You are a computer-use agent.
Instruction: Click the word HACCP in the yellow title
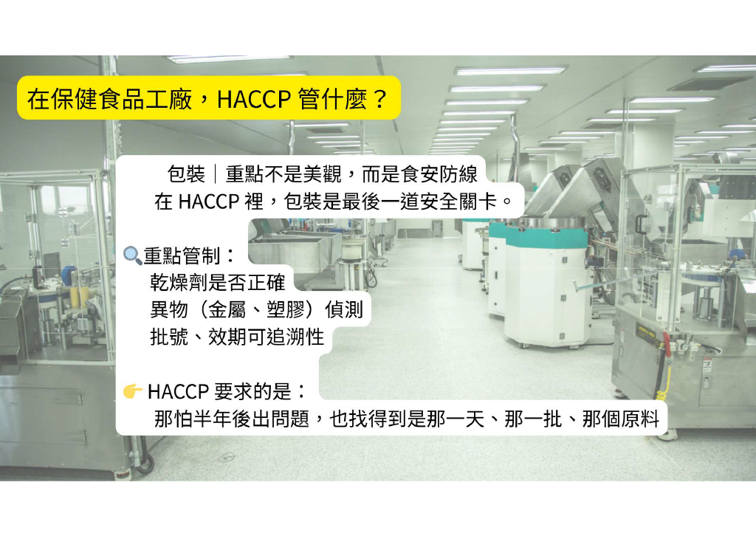pos(254,98)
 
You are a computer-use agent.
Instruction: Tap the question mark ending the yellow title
pos(380,98)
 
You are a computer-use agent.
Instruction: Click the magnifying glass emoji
pos(133,255)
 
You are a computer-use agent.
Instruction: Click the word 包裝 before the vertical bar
pos(186,174)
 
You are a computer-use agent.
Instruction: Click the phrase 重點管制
pos(182,255)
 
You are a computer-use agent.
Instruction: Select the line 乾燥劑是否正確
pos(218,283)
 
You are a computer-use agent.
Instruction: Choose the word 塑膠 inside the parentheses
pos(286,309)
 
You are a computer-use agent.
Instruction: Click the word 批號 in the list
pos(169,337)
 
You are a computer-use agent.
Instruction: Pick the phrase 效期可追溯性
pos(266,337)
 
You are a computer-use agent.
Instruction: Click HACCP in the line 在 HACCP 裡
pos(209,202)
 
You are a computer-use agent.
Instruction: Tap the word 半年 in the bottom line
pos(213,419)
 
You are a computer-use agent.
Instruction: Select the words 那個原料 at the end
pos(620,419)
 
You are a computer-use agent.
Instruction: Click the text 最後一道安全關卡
pos(419,202)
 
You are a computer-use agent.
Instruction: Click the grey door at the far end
pos(437,228)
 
